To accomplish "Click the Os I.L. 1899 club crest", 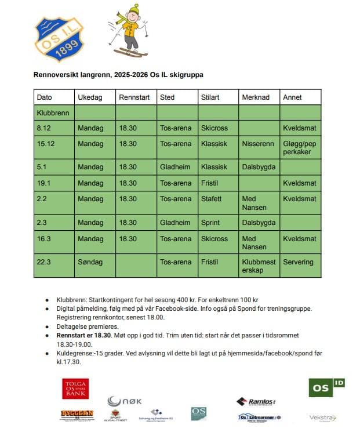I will pyautogui.click(x=59, y=38).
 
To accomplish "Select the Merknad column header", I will pyautogui.click(x=256, y=97).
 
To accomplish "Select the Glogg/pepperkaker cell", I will pyautogui.click(x=299, y=148).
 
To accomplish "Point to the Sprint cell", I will pyautogui.click(x=210, y=223).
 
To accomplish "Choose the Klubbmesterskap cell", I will pyautogui.click(x=259, y=266).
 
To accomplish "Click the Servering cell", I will pyautogui.click(x=298, y=262).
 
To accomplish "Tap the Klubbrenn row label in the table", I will pyautogui.click(x=53, y=113).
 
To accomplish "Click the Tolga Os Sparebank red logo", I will pyautogui.click(x=75, y=388).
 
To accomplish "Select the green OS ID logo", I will pyautogui.click(x=326, y=387).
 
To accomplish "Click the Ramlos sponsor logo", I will pyautogui.click(x=256, y=402).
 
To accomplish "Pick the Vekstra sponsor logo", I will pyautogui.click(x=322, y=417).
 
